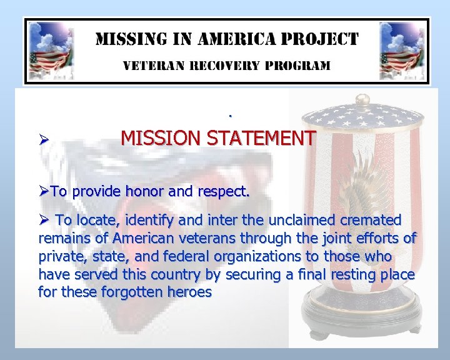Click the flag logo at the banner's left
pyautogui.click(x=51, y=50)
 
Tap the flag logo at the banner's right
pyautogui.click(x=400, y=50)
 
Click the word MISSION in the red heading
pyautogui.click(x=156, y=137)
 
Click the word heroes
pyautogui.click(x=189, y=292)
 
